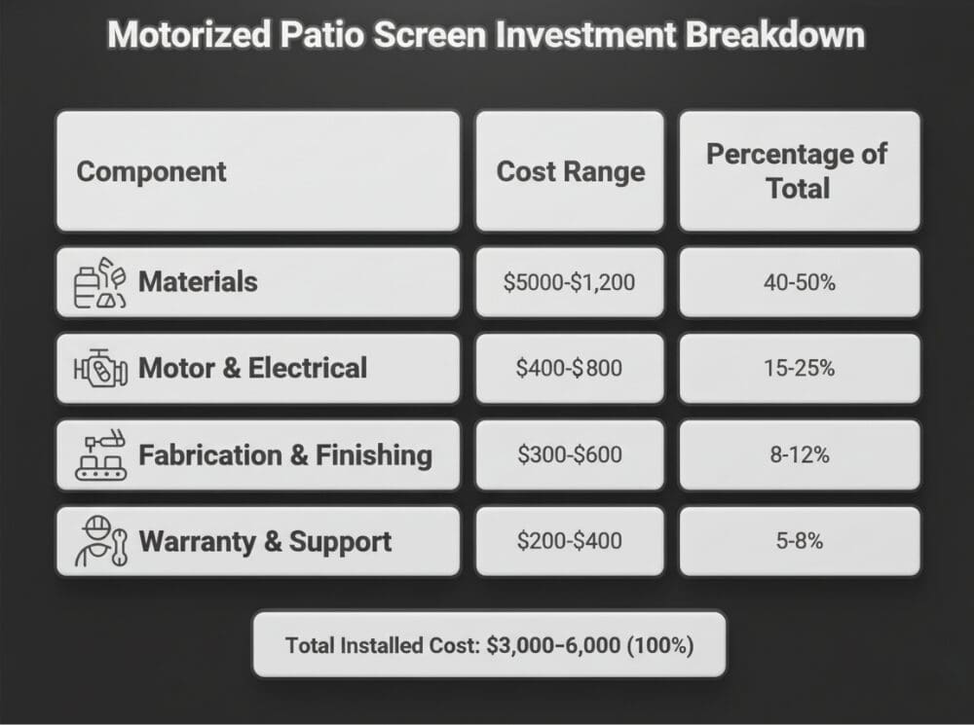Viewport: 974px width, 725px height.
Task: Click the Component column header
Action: (x=151, y=172)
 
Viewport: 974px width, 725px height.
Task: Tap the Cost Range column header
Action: (x=570, y=172)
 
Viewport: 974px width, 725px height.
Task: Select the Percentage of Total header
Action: (x=798, y=171)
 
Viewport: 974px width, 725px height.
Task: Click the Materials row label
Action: (x=198, y=282)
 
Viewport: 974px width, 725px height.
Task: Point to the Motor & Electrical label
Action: (x=252, y=368)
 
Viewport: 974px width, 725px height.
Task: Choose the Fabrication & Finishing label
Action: (x=284, y=454)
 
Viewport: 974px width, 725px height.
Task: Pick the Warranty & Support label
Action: (x=265, y=541)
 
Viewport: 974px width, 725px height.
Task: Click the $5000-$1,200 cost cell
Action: (x=570, y=282)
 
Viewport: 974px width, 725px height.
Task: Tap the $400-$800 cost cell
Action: (x=570, y=369)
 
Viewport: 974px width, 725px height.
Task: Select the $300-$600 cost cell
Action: (x=570, y=454)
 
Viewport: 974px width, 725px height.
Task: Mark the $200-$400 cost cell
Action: (x=570, y=541)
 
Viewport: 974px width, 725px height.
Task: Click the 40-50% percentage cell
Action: (x=799, y=282)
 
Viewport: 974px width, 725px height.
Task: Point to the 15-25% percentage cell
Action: (x=799, y=369)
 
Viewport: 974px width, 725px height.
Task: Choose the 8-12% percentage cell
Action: (x=799, y=454)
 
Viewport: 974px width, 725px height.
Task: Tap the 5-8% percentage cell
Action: (x=799, y=541)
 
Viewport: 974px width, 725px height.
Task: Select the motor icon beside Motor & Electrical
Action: (x=100, y=370)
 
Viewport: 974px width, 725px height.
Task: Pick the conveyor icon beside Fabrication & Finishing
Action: (x=100, y=455)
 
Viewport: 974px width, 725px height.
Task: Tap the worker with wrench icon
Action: (x=100, y=542)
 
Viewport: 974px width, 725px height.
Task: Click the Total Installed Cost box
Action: (x=489, y=644)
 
